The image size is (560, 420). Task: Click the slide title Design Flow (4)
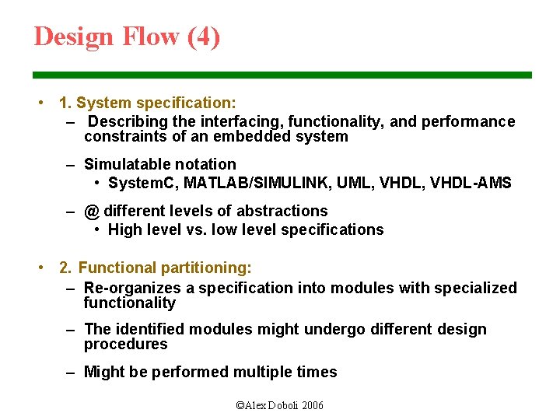(x=127, y=37)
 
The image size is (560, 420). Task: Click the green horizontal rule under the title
(x=282, y=75)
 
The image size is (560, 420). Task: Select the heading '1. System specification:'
(x=148, y=103)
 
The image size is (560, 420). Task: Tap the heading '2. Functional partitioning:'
(x=156, y=268)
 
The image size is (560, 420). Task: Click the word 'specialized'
(x=476, y=288)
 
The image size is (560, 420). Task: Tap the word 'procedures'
(x=125, y=345)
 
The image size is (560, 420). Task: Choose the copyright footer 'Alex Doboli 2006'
(x=279, y=406)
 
